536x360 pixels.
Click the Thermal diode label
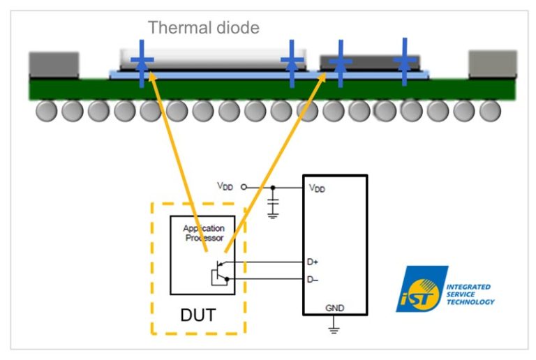point(203,29)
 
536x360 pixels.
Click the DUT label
point(198,315)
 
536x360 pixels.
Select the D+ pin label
point(313,262)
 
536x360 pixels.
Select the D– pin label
point(313,279)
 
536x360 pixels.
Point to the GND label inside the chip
point(334,308)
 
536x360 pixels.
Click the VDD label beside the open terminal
point(225,186)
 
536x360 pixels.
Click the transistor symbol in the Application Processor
point(220,271)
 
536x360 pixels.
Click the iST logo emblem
point(422,290)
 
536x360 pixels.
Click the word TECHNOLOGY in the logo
point(471,302)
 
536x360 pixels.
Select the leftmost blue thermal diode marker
point(142,63)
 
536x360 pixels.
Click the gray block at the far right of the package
point(492,64)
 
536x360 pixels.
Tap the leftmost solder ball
point(46,111)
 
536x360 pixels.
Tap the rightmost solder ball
point(490,111)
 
